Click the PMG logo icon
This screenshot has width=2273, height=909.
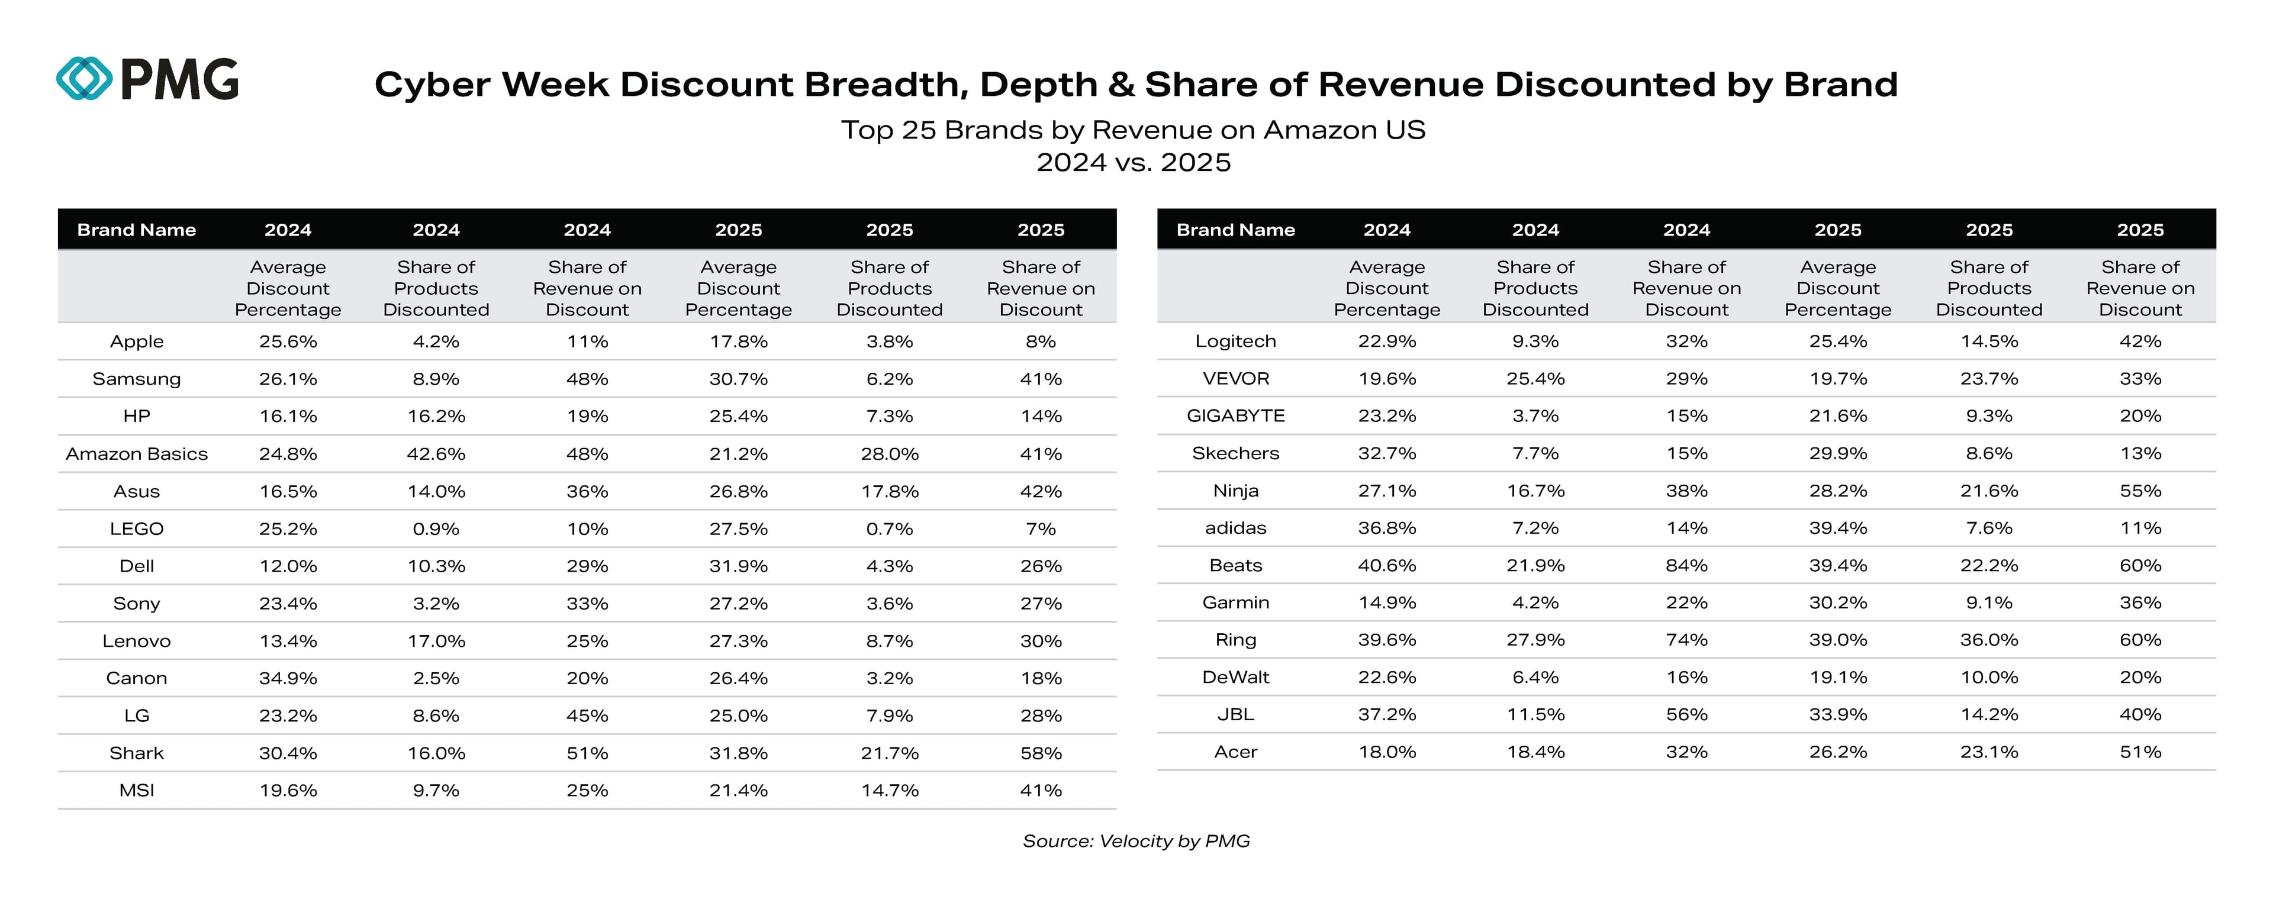84,79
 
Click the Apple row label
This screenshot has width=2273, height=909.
137,341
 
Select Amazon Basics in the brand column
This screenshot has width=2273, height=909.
137,454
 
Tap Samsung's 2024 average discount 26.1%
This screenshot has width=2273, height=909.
288,379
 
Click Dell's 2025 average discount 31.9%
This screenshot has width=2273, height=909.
739,566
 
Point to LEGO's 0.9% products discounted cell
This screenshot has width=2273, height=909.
436,528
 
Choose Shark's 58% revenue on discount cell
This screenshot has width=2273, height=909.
1041,753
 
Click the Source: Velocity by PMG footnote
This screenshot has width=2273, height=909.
1136,841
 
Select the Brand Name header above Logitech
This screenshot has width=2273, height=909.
1235,230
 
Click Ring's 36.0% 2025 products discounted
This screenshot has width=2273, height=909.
1989,640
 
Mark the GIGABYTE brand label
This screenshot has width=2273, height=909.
1235,415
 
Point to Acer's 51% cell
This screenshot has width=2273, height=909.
2140,752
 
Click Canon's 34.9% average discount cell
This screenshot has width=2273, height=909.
288,678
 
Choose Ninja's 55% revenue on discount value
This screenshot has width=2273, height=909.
2140,491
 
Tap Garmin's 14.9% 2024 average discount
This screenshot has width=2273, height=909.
1386,603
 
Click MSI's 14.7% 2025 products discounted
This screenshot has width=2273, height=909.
890,790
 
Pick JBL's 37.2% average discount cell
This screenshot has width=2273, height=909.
1386,715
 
